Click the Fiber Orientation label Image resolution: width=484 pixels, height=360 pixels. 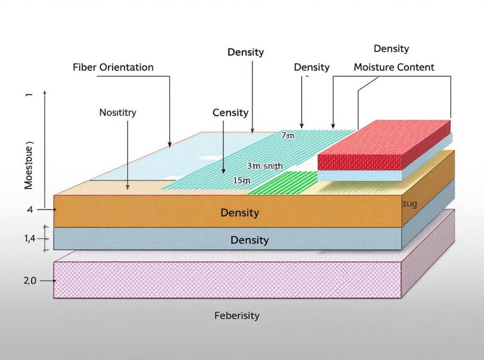coord(113,67)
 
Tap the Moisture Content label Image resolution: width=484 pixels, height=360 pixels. coord(394,67)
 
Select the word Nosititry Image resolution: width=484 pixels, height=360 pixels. coord(118,113)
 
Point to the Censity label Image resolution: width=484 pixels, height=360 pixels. coord(230,113)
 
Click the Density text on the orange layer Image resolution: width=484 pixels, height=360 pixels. coord(240,213)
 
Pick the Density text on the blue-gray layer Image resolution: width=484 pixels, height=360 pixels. coord(249,240)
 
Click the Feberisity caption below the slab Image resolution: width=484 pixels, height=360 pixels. coord(237,316)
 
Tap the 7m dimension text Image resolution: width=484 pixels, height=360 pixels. coord(287,136)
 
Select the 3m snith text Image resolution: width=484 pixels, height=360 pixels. coord(265,166)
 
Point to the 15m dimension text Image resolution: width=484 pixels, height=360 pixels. coord(241,180)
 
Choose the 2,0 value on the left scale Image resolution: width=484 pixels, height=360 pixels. coord(29,281)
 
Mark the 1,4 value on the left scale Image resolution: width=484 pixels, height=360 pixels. coord(30,239)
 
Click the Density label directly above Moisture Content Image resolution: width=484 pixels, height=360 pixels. coord(391,49)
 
